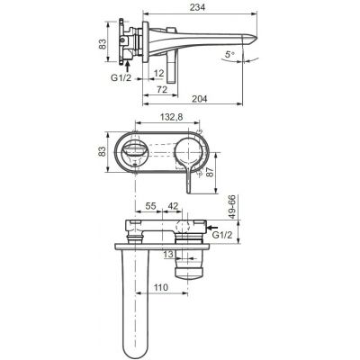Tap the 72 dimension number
click(162, 91)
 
